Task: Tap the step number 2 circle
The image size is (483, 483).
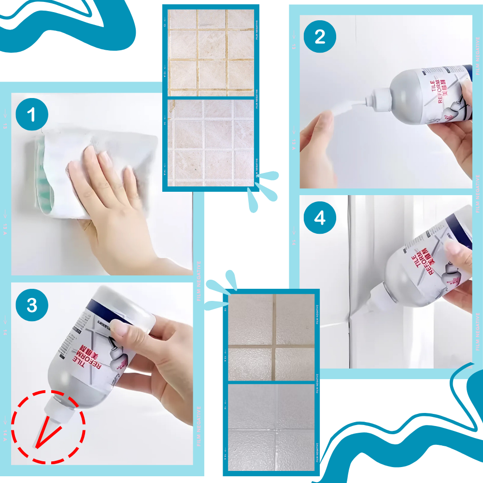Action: [320, 37]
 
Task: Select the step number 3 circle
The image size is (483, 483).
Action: [32, 305]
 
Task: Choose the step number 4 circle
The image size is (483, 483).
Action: [320, 218]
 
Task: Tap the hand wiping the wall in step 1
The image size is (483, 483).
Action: [104, 184]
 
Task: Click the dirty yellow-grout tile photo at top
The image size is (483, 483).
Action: [211, 52]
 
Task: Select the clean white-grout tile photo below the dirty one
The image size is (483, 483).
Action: [211, 142]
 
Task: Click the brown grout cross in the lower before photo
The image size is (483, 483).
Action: [273, 346]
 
